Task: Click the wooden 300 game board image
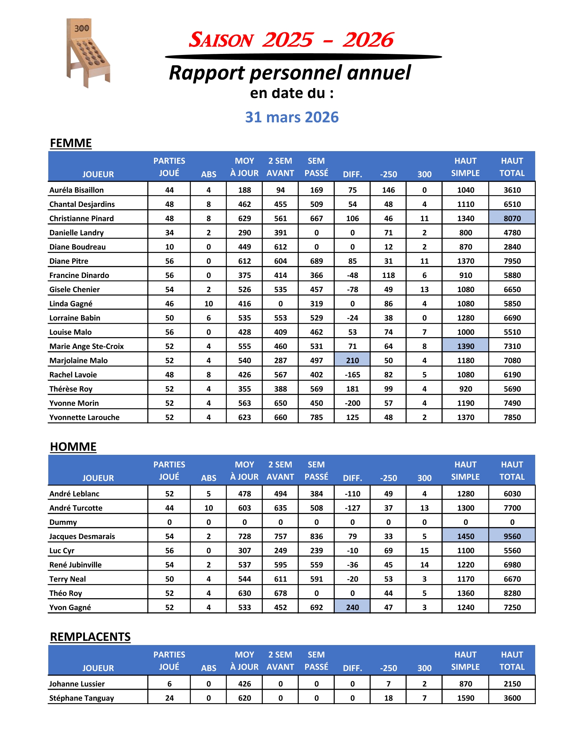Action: tap(88, 52)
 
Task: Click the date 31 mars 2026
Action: tap(292, 117)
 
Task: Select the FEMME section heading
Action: tap(71, 143)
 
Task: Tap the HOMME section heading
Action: tap(73, 447)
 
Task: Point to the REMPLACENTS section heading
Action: tap(90, 637)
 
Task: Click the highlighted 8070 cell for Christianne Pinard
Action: tap(512, 218)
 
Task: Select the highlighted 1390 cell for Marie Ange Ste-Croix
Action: tap(465, 346)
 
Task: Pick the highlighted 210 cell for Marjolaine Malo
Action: tap(352, 360)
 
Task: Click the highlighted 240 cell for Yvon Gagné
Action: tap(352, 607)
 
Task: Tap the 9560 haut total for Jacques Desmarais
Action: tap(512, 536)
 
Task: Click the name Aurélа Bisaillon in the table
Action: tap(76, 190)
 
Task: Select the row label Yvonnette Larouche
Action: tap(84, 417)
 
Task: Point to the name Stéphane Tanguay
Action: tap(81, 698)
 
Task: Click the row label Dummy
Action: tap(63, 522)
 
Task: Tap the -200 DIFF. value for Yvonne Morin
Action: tap(352, 403)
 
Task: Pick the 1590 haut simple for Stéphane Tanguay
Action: tap(465, 698)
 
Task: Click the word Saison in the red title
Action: tap(221, 40)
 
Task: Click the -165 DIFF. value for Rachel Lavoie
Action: tap(352, 375)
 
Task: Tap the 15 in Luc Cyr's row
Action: tap(424, 551)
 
